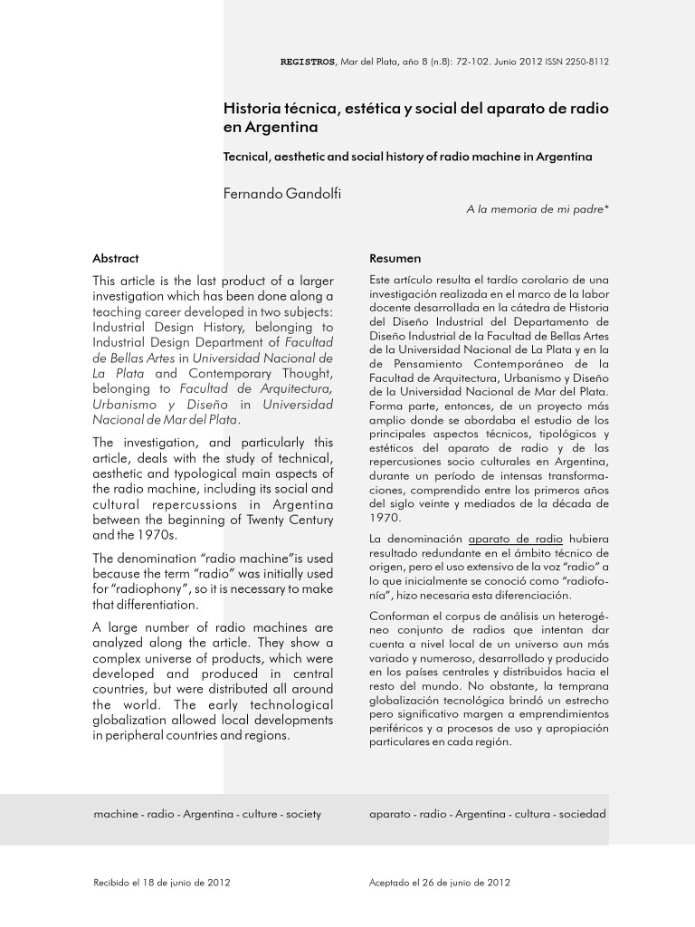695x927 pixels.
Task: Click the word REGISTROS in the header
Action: coord(309,62)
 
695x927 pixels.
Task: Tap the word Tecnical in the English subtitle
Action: coord(247,157)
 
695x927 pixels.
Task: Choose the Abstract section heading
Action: coord(116,258)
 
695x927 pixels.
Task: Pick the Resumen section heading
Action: coord(395,258)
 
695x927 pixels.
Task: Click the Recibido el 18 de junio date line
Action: coord(162,883)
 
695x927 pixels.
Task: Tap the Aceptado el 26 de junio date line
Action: coord(441,883)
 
